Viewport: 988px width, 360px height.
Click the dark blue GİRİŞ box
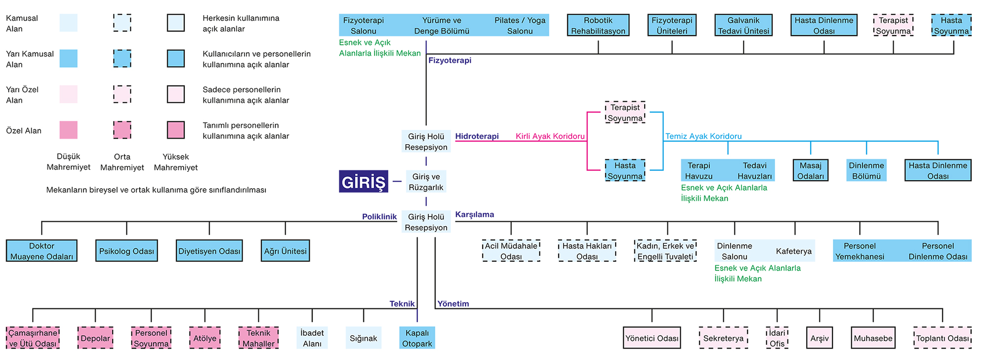point(364,182)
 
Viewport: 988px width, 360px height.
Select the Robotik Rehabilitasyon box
point(598,25)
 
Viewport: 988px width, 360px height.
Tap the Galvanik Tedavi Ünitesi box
point(743,25)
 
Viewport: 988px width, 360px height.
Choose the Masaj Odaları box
point(811,170)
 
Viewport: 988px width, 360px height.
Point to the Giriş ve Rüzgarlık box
point(426,182)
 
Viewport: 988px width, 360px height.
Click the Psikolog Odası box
point(126,251)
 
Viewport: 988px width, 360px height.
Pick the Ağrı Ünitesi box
point(285,251)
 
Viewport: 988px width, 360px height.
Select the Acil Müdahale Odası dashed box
point(511,251)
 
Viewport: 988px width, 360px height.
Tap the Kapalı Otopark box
point(417,338)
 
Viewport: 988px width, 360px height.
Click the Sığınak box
point(364,338)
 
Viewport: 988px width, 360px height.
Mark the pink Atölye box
point(205,338)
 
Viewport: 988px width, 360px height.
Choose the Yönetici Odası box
point(652,338)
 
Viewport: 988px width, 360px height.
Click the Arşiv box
point(820,338)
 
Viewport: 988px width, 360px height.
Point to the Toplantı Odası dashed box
point(943,338)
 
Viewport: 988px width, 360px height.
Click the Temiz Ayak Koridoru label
point(703,136)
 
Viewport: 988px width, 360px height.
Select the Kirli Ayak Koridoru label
point(550,136)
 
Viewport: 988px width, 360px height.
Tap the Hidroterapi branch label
point(477,136)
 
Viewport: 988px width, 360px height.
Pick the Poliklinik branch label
point(379,217)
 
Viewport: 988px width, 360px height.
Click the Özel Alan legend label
point(24,131)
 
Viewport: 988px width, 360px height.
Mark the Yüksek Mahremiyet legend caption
point(176,162)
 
